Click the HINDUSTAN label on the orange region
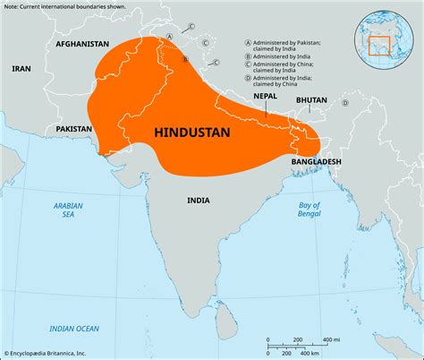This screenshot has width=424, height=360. pyautogui.click(x=192, y=132)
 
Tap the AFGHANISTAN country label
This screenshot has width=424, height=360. pyautogui.click(x=81, y=43)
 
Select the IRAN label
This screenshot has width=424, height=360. pyautogui.click(x=21, y=68)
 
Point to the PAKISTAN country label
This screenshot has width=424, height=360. pyautogui.click(x=74, y=129)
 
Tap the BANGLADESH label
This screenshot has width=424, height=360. pyautogui.click(x=317, y=160)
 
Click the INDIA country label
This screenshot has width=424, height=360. pyautogui.click(x=199, y=201)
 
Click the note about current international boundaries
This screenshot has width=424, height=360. pyautogui.click(x=67, y=6)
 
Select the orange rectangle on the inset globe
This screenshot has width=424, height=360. pyautogui.click(x=381, y=45)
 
